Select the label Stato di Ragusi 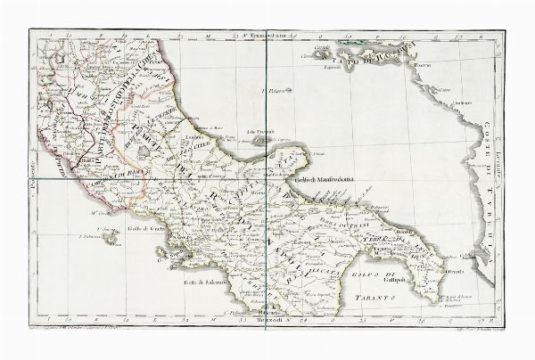381,57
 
